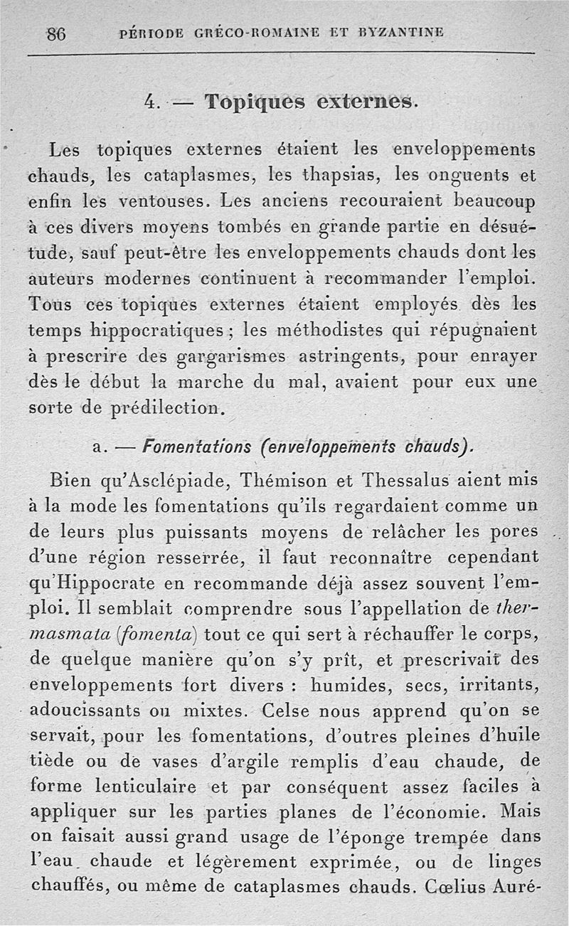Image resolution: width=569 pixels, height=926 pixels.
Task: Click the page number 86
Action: (x=56, y=33)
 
